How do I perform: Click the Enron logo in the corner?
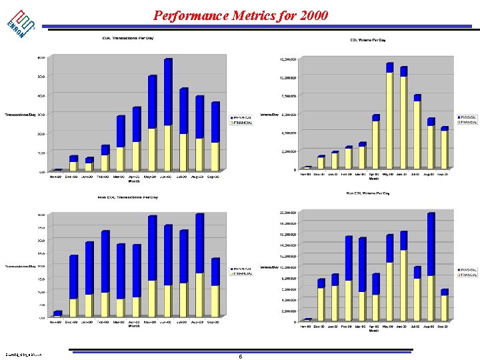[x=22, y=23]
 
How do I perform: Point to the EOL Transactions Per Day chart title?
[x=128, y=38]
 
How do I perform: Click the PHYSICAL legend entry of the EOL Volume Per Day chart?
[x=467, y=117]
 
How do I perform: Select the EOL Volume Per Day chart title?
[x=368, y=40]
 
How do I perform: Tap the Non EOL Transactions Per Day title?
[x=128, y=197]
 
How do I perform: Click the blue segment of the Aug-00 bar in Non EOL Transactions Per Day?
[x=199, y=243]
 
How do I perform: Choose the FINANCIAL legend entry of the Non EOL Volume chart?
[x=467, y=275]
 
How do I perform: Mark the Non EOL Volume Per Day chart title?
[x=368, y=193]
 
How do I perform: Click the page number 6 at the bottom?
[x=240, y=357]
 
